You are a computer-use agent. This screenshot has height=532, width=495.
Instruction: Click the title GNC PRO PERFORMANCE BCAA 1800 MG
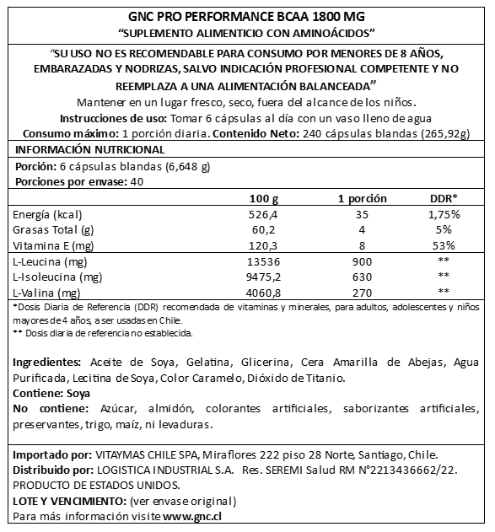[x=247, y=16]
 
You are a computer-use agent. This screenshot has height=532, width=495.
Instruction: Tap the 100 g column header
[x=266, y=198]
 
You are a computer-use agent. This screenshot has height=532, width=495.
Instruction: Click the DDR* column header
[x=444, y=198]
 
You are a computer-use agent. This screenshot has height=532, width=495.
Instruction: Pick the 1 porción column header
[x=362, y=198]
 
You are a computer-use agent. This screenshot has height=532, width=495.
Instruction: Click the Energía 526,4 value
[x=266, y=214]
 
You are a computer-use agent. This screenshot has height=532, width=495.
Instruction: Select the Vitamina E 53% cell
[x=444, y=245]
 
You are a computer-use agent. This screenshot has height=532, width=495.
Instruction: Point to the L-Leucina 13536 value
[x=266, y=261]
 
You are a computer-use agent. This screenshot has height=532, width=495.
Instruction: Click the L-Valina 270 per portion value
[x=362, y=293]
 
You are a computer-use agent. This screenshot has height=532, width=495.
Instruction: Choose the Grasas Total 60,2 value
[x=266, y=230]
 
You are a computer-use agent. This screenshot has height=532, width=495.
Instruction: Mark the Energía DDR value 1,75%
[x=444, y=214]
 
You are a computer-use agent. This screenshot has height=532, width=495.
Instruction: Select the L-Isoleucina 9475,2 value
[x=266, y=277]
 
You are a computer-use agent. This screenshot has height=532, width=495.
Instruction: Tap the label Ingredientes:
[x=48, y=362]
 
